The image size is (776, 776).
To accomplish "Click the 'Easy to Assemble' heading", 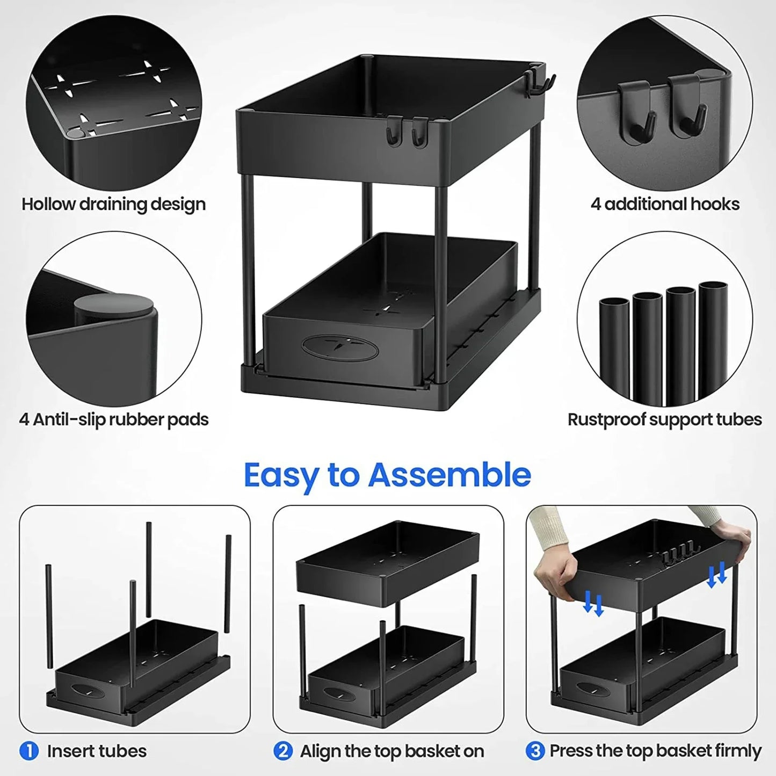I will click(x=387, y=475).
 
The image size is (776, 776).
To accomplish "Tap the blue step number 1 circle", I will click(x=29, y=750).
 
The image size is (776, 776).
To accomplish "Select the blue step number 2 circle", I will click(x=282, y=750).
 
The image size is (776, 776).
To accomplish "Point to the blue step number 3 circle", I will click(x=534, y=750).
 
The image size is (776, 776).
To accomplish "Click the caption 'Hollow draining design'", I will click(x=113, y=204).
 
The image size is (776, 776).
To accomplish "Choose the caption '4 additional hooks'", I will click(x=665, y=204).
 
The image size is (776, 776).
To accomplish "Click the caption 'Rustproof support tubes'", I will click(x=664, y=419).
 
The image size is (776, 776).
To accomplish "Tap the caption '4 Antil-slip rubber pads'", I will click(x=113, y=419).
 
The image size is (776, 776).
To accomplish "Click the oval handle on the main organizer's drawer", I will click(x=340, y=346).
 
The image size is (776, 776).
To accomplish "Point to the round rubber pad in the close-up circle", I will click(x=113, y=306).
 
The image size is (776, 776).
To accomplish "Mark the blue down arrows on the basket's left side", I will click(x=593, y=603).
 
